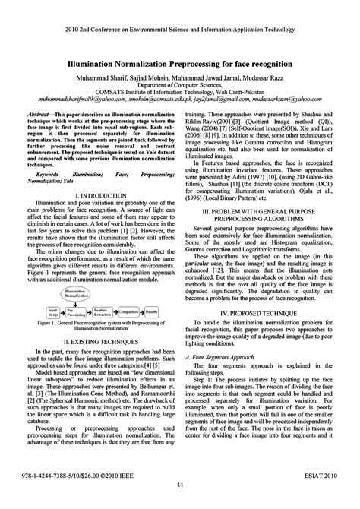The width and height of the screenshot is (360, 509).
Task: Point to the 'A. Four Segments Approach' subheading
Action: [x=226, y=356]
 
